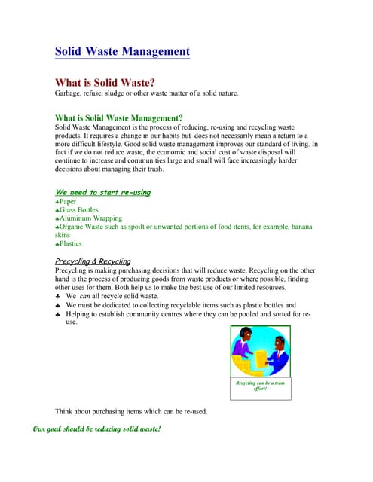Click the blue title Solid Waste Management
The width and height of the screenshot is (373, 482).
click(x=122, y=52)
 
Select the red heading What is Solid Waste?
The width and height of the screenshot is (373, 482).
click(x=115, y=81)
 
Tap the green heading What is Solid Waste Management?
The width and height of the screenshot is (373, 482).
click(x=119, y=117)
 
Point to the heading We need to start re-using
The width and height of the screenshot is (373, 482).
click(x=102, y=193)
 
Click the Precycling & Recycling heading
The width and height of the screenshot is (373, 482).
click(x=93, y=261)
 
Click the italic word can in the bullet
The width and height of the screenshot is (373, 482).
click(x=84, y=296)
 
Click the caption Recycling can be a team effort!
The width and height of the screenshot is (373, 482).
click(x=260, y=386)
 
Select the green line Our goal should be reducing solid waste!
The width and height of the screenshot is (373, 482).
click(x=97, y=429)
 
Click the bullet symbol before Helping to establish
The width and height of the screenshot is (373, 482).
click(x=59, y=314)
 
